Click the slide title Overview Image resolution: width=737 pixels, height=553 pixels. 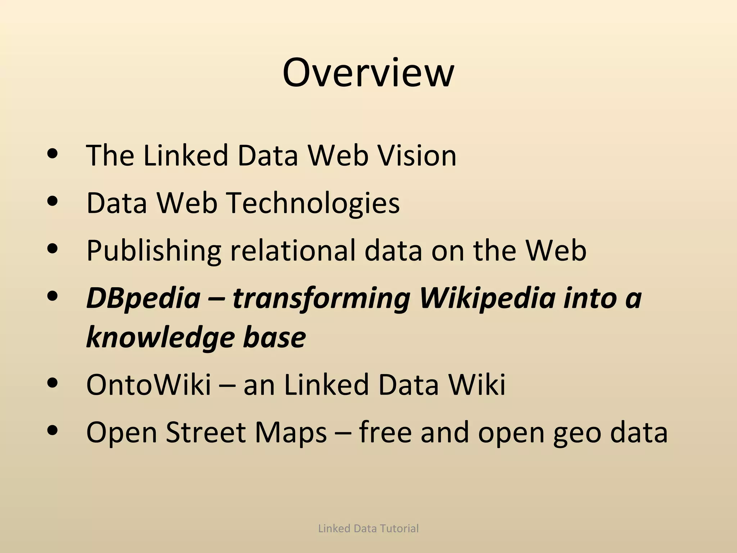tap(368, 73)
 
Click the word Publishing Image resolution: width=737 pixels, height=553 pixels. tap(154, 251)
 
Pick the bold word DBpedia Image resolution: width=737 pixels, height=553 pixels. tap(143, 298)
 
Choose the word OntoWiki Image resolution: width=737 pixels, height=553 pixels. tap(149, 385)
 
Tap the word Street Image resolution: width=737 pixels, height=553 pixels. tap(206, 432)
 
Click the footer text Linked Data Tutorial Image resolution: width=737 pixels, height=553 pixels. tap(368, 529)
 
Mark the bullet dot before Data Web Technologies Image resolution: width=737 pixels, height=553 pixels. tap(53, 202)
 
